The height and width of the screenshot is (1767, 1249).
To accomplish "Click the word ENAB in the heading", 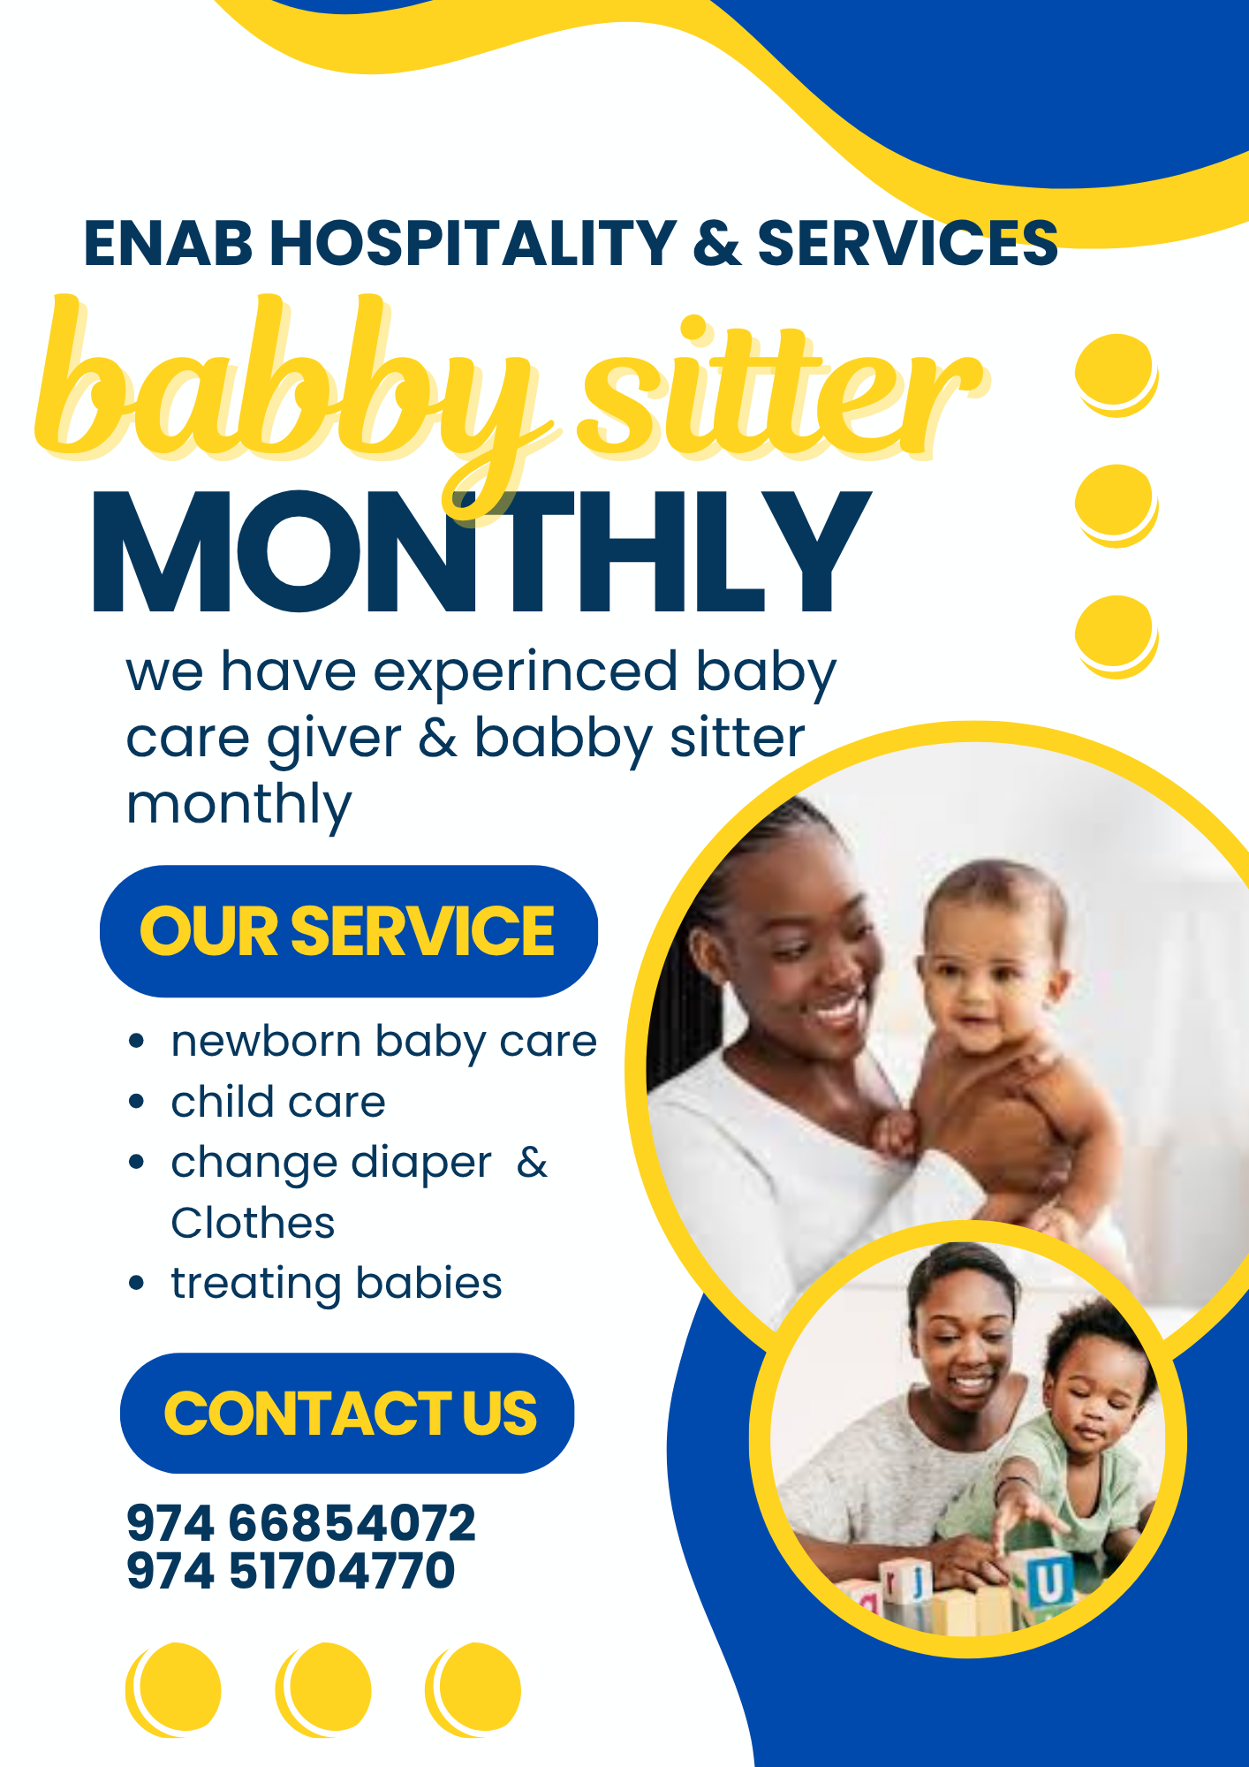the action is pyautogui.click(x=168, y=243).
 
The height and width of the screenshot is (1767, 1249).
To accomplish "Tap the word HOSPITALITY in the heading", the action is pyautogui.click(x=473, y=243).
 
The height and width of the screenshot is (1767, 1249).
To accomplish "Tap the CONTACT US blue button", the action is pyautogui.click(x=347, y=1413).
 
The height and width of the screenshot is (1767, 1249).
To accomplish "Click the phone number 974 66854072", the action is pyautogui.click(x=301, y=1522).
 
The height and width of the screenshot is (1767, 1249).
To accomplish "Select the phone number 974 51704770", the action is pyautogui.click(x=291, y=1570).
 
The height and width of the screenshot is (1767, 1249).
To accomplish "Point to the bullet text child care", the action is pyautogui.click(x=278, y=1102).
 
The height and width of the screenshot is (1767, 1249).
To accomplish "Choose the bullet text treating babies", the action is pyautogui.click(x=337, y=1284).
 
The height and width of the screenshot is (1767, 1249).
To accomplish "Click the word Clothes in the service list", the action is pyautogui.click(x=253, y=1224).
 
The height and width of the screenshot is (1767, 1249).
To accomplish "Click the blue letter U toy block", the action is pyautogui.click(x=1048, y=1580).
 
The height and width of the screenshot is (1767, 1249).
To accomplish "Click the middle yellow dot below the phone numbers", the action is pyautogui.click(x=323, y=1690).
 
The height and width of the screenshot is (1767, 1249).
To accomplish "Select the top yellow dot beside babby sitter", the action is pyautogui.click(x=1117, y=375).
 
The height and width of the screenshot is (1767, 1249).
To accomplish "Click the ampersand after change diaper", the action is pyautogui.click(x=532, y=1163).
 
